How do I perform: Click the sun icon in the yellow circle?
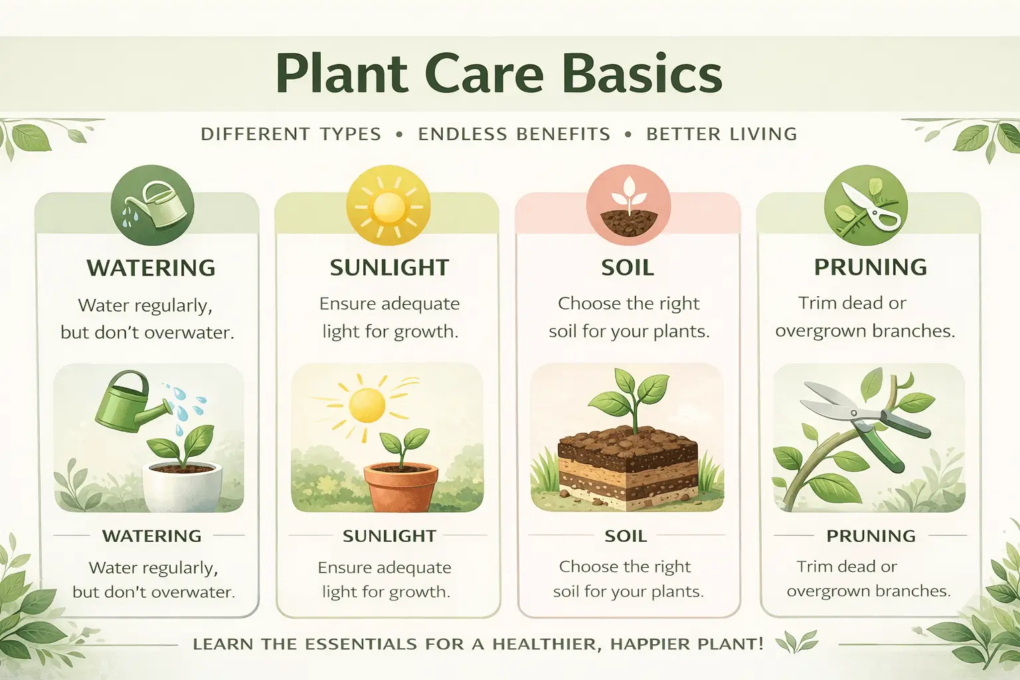(388, 206)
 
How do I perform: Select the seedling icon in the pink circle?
(628, 206)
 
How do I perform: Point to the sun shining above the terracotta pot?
(367, 404)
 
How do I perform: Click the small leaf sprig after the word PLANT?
(796, 643)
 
